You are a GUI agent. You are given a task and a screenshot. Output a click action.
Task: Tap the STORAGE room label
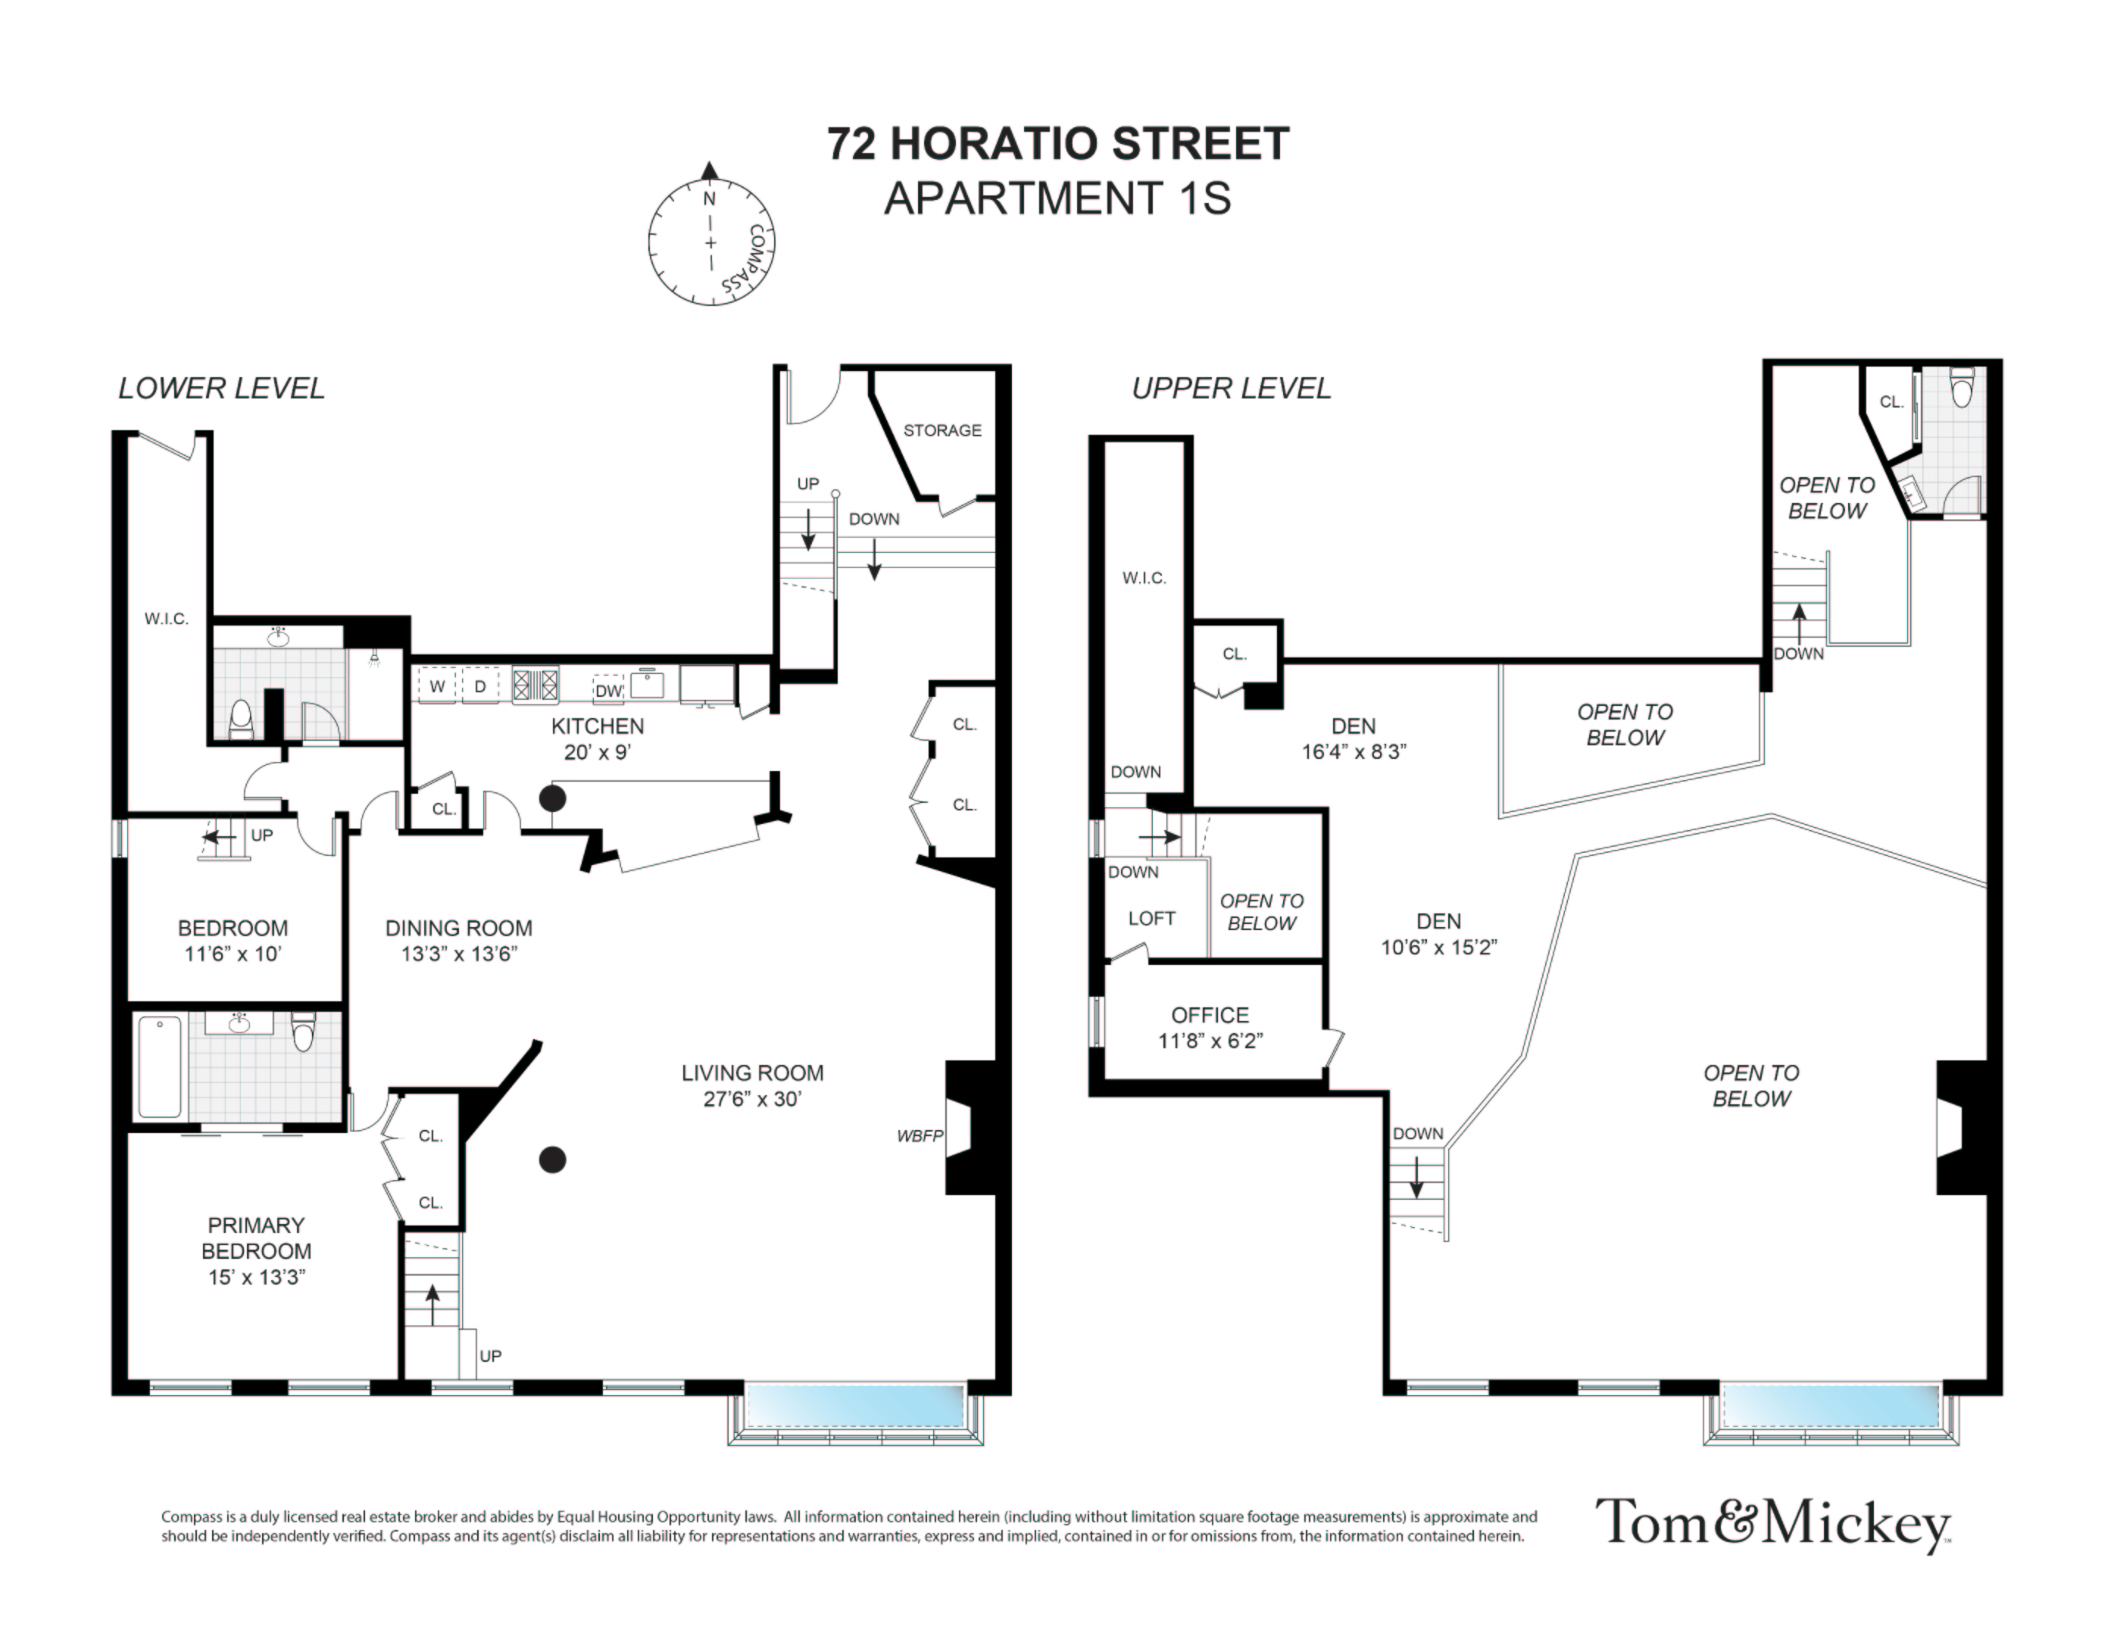pyautogui.click(x=942, y=430)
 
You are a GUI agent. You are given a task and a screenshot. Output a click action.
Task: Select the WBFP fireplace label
pyautogui.click(x=919, y=1136)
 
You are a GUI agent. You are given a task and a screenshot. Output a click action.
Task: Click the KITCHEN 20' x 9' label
pyautogui.click(x=597, y=738)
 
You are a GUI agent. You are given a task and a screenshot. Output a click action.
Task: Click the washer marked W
pyautogui.click(x=437, y=686)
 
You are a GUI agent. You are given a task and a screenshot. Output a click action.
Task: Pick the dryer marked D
pyautogui.click(x=479, y=686)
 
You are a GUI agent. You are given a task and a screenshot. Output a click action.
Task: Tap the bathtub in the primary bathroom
pyautogui.click(x=160, y=1066)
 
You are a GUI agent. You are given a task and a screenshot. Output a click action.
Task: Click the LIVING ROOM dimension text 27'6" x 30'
pyautogui.click(x=752, y=1099)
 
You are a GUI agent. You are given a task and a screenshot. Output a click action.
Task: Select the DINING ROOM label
pyautogui.click(x=458, y=928)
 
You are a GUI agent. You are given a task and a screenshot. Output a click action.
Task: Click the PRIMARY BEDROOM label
pyautogui.click(x=256, y=1238)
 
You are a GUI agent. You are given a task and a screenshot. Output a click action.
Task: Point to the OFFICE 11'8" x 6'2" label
pyautogui.click(x=1210, y=1027)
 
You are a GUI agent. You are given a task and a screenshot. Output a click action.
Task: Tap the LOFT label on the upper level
pyautogui.click(x=1151, y=918)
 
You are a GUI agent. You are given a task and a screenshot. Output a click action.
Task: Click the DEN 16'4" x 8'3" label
pyautogui.click(x=1354, y=738)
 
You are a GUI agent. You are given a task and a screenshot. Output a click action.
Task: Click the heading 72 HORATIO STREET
pyautogui.click(x=1057, y=143)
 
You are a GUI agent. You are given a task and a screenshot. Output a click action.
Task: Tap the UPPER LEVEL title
pyautogui.click(x=1231, y=389)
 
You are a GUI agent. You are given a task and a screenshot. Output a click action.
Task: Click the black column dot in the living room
pyautogui.click(x=552, y=1159)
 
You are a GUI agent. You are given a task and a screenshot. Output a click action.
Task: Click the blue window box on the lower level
pyautogui.click(x=855, y=1405)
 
